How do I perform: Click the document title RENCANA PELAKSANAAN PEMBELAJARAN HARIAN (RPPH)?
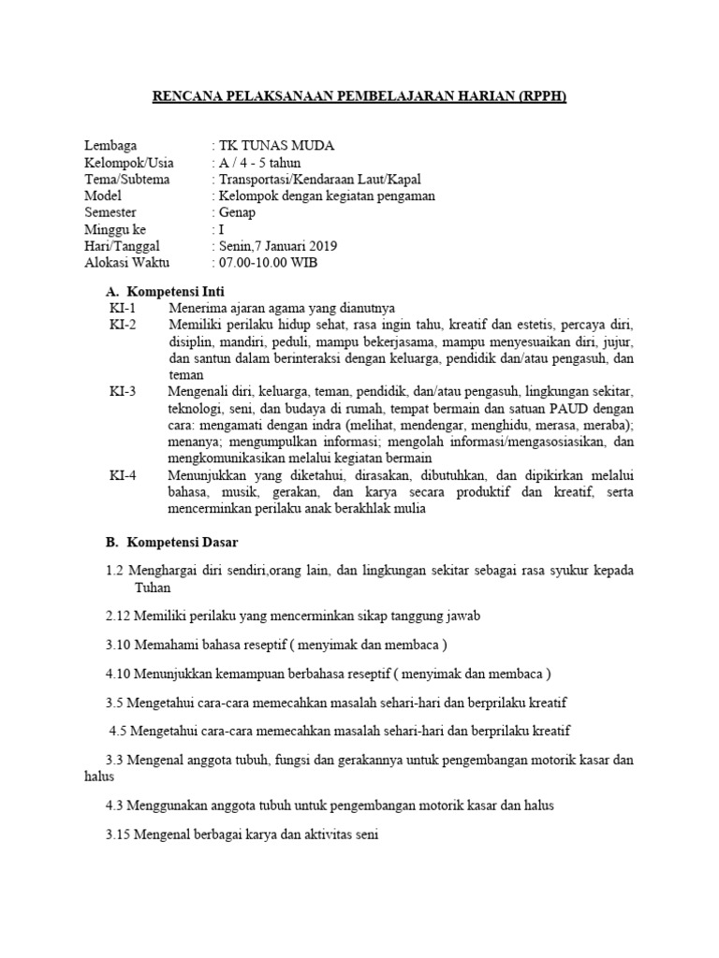tap(359, 97)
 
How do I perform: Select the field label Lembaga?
tap(110, 145)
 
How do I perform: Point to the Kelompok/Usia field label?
tap(129, 162)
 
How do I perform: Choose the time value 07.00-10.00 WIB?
tap(267, 263)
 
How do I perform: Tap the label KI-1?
tap(123, 308)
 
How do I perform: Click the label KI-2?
tap(123, 325)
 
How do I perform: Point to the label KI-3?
tap(123, 391)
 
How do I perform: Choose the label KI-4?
tap(123, 475)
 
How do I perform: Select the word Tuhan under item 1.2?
tap(154, 588)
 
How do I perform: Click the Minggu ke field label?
tap(115, 229)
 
